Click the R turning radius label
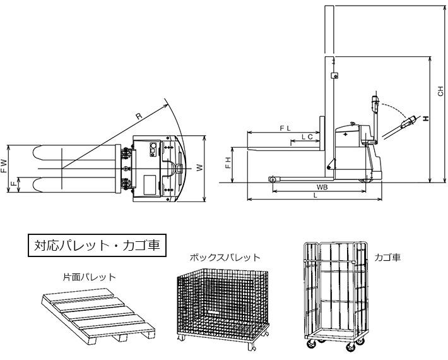pyautogui.click(x=138, y=116)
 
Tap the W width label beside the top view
pyautogui.click(x=199, y=167)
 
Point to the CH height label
pyautogui.click(x=440, y=92)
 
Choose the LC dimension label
pyautogui.click(x=307, y=136)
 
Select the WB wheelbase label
pyautogui.click(x=322, y=188)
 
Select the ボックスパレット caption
pyautogui.click(x=225, y=258)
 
